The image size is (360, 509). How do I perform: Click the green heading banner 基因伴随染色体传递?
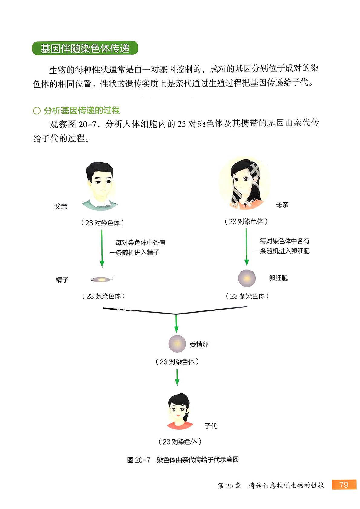[85, 48]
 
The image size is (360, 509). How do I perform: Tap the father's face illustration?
[99, 185]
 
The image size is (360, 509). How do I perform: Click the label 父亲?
[61, 206]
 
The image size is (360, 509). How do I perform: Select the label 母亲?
[282, 205]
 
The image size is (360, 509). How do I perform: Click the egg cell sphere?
[247, 278]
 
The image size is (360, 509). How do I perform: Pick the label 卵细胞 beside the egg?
[278, 278]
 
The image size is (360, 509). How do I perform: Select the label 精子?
[62, 280]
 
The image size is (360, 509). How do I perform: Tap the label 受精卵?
[199, 344]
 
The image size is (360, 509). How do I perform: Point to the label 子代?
[211, 426]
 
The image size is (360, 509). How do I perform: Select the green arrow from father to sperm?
[102, 248]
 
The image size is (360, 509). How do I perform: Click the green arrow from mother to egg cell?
[246, 247]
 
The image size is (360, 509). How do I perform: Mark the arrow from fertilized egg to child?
[177, 377]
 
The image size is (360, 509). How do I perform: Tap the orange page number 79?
[344, 485]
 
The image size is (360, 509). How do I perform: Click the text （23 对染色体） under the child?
[180, 442]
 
